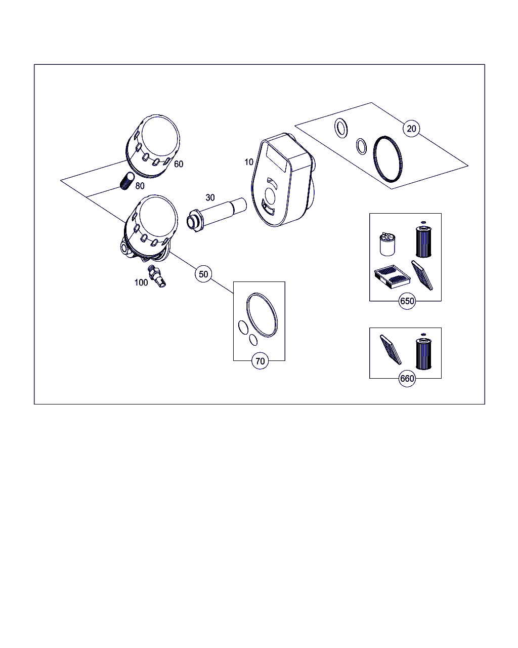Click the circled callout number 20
(x=411, y=129)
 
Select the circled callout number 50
(x=203, y=274)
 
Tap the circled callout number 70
(x=260, y=361)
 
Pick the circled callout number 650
(x=407, y=301)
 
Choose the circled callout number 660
(x=407, y=378)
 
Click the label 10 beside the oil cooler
(x=248, y=162)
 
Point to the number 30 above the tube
(x=210, y=197)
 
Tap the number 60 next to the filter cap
(x=179, y=164)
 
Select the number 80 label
(x=140, y=186)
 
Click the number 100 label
(x=141, y=282)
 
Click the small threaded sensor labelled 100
(x=157, y=276)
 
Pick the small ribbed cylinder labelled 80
(x=127, y=181)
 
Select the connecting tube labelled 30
(x=217, y=214)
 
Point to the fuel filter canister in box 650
(x=387, y=244)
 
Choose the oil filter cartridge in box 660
(x=423, y=353)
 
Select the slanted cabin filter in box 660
(x=391, y=350)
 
